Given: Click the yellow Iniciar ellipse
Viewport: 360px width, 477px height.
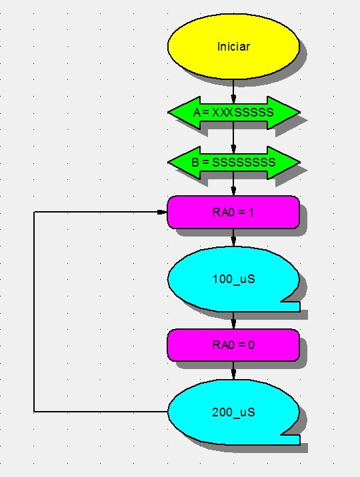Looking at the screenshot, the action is (x=233, y=46).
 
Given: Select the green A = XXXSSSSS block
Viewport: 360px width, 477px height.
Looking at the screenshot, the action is (x=234, y=113).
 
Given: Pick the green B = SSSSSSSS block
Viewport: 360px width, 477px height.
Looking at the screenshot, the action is (x=234, y=163).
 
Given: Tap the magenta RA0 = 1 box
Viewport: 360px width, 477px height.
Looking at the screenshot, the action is (x=233, y=212).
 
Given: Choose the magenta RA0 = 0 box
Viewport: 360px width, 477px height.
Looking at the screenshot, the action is (x=233, y=345).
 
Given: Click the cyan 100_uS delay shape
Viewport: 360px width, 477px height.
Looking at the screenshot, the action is (x=233, y=279).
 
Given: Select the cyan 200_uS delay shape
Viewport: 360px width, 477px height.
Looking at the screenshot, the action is (x=233, y=412).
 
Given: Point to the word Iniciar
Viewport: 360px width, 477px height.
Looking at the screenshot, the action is (x=234, y=47).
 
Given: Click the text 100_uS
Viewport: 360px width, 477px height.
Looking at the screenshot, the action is (x=234, y=279).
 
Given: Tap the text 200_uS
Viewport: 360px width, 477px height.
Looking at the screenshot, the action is (x=234, y=412).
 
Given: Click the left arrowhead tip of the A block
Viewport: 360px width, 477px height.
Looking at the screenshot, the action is (x=168, y=113).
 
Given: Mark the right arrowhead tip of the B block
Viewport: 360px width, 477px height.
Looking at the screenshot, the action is (x=300, y=163).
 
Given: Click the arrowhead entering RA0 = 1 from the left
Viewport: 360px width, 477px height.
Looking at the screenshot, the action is (x=162, y=212).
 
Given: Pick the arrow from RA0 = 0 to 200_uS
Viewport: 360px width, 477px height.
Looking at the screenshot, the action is (x=233, y=370).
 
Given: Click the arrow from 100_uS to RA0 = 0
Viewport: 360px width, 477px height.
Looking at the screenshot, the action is (x=233, y=320).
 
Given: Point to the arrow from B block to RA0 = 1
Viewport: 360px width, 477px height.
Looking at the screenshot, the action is (x=233, y=187).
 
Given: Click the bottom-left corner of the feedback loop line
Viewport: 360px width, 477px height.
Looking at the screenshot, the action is (x=34, y=412).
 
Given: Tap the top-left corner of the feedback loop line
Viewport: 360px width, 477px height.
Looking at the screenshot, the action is (x=34, y=212).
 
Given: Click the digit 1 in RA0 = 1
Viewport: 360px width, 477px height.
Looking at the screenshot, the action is (x=251, y=213).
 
